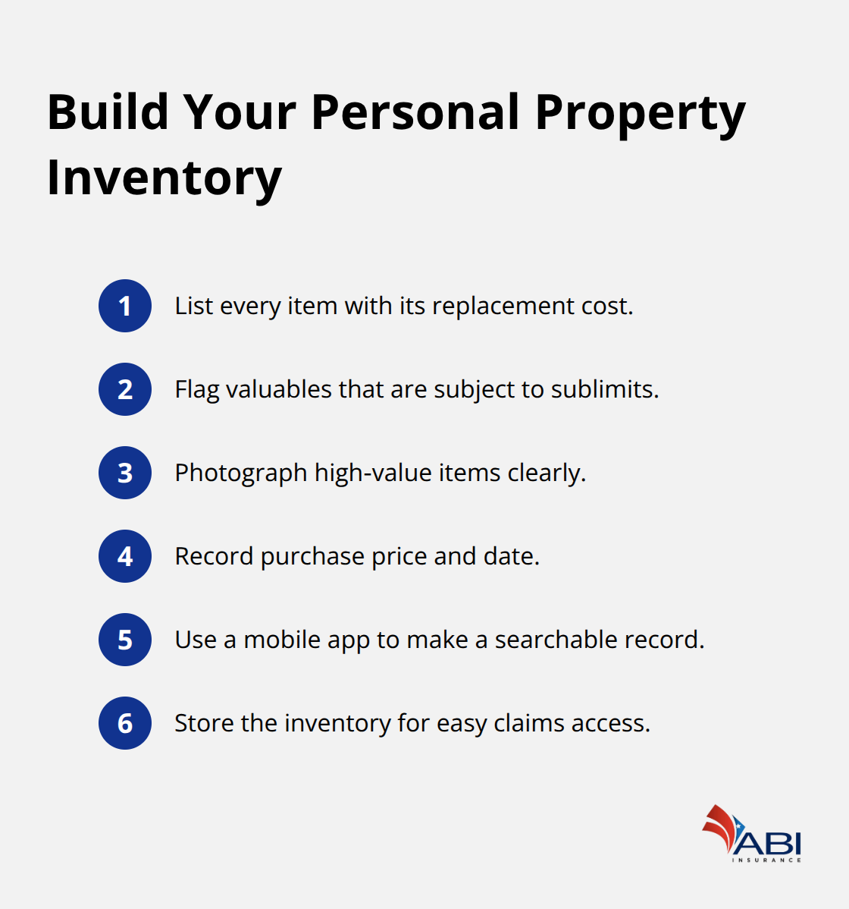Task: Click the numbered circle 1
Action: click(x=125, y=306)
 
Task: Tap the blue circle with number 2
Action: click(x=125, y=389)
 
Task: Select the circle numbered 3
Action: click(x=125, y=473)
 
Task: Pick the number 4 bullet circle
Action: click(x=125, y=556)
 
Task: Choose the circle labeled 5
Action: click(x=125, y=640)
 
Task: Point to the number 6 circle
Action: click(x=125, y=723)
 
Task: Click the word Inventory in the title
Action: click(x=164, y=179)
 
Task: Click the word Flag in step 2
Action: click(x=197, y=390)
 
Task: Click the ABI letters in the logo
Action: click(x=769, y=843)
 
